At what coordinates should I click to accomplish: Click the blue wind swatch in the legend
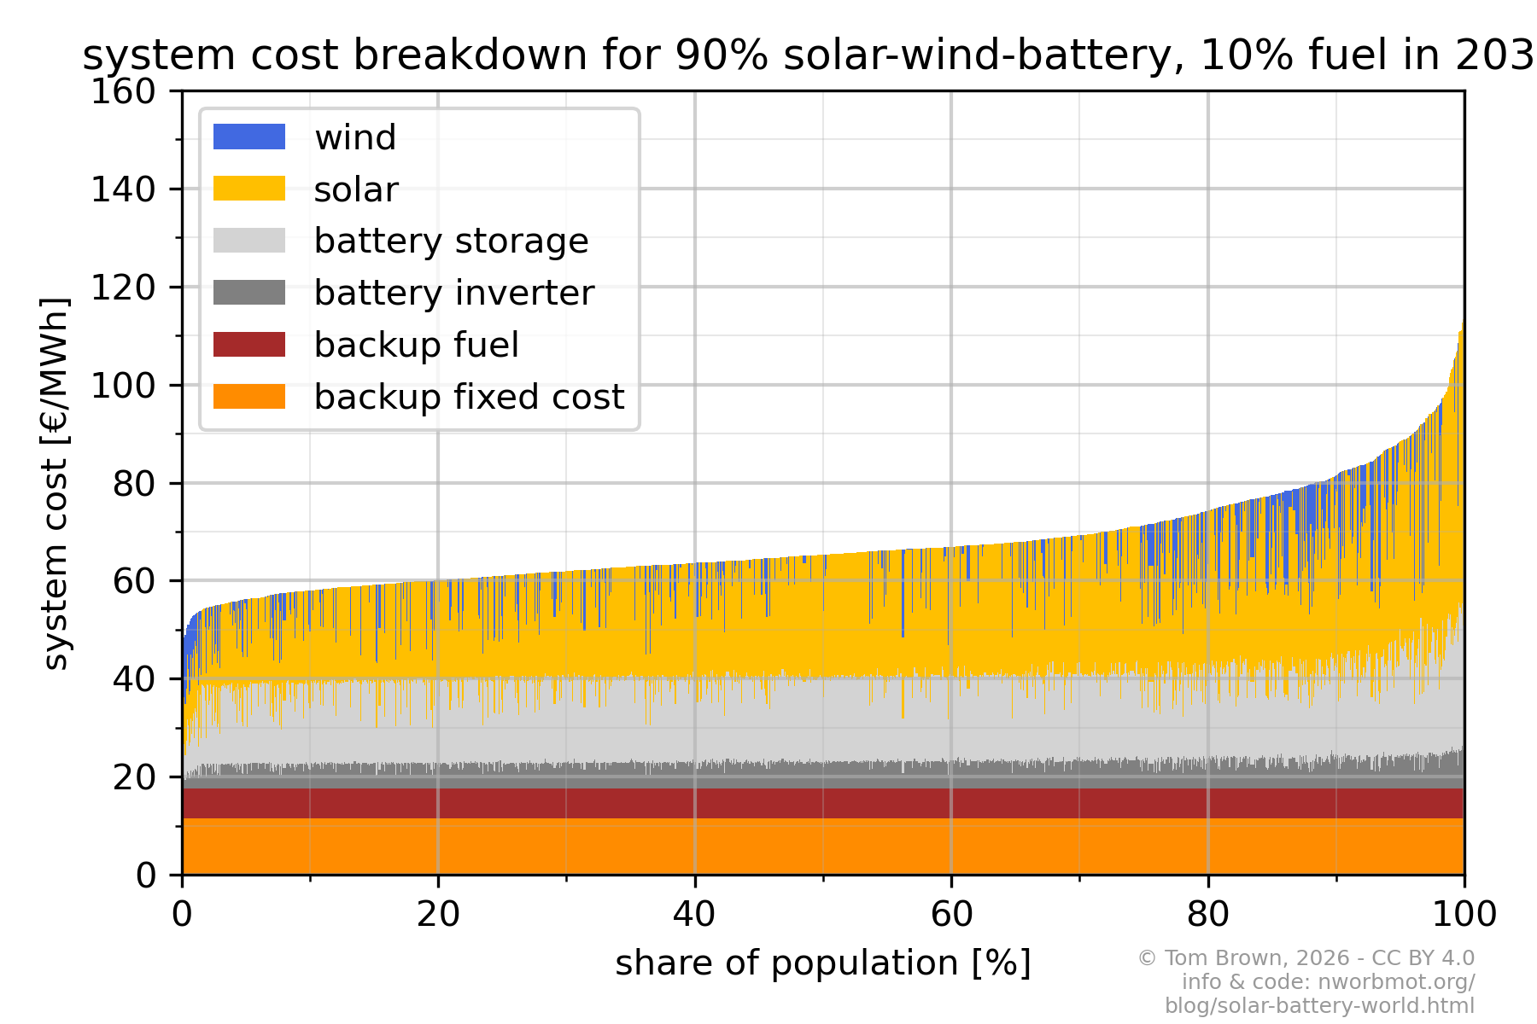pos(248,137)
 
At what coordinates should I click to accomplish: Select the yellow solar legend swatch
pos(248,189)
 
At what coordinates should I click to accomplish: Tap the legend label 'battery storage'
pos(451,241)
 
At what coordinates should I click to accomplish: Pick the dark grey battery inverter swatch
pos(248,293)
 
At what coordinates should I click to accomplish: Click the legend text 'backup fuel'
pos(416,345)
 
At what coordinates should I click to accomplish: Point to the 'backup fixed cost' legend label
pos(469,397)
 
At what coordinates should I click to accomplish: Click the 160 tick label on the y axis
pos(123,91)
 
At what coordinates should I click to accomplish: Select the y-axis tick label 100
pos(123,386)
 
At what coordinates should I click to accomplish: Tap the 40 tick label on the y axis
pos(134,679)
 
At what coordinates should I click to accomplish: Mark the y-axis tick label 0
pos(146,876)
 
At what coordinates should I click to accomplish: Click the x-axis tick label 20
pos(438,915)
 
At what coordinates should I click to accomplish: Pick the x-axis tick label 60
pos(951,915)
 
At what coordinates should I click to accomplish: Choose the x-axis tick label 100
pos(1464,915)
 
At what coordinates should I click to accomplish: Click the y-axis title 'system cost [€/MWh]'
pos(56,483)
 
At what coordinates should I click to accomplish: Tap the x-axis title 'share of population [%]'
pos(823,963)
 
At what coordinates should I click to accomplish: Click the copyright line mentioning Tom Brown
pos(1306,958)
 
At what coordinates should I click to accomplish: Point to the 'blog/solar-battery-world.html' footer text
pos(1319,1006)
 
